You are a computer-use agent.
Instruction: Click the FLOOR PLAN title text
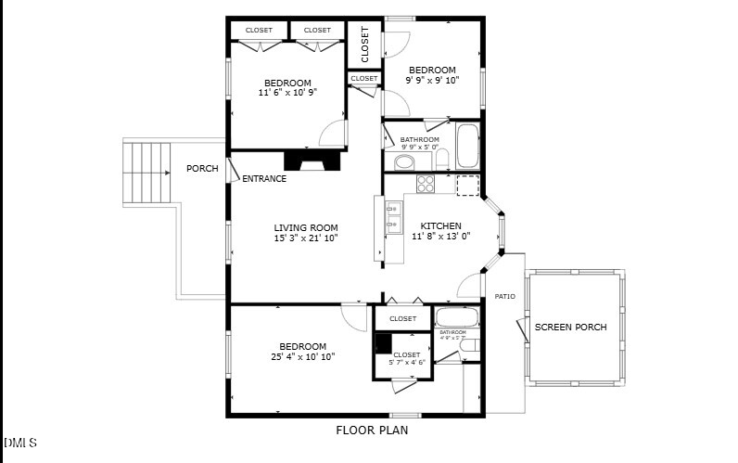pos(371,431)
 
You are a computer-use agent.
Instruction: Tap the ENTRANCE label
pos(264,178)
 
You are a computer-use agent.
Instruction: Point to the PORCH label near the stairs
pos(202,169)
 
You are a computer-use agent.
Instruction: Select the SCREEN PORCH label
pos(571,327)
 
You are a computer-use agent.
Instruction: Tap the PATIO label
pos(504,297)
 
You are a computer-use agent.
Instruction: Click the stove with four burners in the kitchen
pos(426,184)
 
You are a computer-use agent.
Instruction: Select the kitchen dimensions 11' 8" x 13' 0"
pos(440,236)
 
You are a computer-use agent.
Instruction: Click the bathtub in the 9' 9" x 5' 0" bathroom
pos(466,146)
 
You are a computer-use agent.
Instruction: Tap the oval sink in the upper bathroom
pos(405,163)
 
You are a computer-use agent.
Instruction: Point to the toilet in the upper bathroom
pos(442,160)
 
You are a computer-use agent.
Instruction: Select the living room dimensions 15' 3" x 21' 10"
pos(305,238)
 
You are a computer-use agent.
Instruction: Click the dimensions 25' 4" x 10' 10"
pos(302,356)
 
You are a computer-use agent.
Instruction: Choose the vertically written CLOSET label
pos(364,44)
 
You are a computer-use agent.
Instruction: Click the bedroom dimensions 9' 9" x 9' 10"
pos(432,81)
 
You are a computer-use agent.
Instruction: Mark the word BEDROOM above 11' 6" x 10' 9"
pos(287,83)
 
